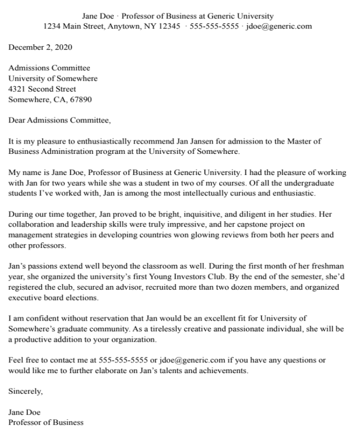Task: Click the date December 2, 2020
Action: [40, 48]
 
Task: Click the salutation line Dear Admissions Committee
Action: [59, 121]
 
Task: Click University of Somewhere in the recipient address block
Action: [53, 79]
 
